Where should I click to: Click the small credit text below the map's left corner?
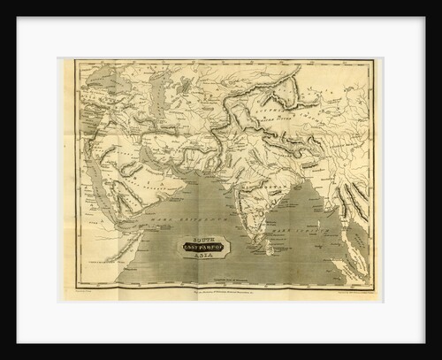(88, 291)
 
